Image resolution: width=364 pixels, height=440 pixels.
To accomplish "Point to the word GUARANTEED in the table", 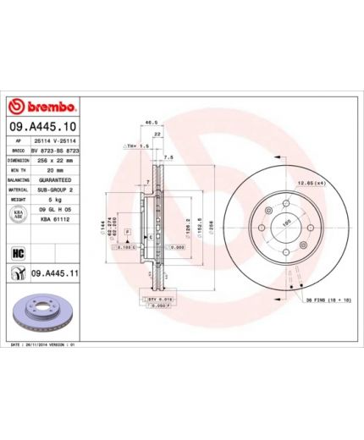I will coord(58,180).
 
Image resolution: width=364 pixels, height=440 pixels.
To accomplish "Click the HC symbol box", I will coord(16,251).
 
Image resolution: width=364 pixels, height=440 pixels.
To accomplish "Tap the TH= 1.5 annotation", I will coord(135,146).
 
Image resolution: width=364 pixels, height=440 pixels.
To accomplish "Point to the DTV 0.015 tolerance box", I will coord(158,299).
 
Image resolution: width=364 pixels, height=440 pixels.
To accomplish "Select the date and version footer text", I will coord(44,346).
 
